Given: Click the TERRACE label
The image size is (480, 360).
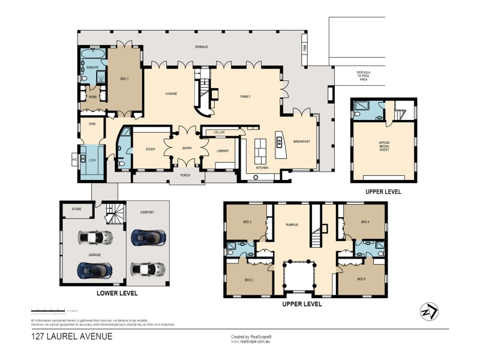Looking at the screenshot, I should pyautogui.click(x=200, y=47).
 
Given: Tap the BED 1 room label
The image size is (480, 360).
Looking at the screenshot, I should pyautogui.click(x=124, y=79).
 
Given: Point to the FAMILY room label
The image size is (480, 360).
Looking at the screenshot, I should pyautogui.click(x=245, y=96).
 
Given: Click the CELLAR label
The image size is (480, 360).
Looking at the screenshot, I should pyautogui.click(x=218, y=131).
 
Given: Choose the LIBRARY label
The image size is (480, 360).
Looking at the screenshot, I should pyautogui.click(x=222, y=151).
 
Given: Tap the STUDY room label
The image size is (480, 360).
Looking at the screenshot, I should pyautogui.click(x=151, y=149).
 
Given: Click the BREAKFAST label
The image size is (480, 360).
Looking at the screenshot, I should pyautogui.click(x=301, y=141).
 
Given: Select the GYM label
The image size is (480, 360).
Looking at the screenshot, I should pyautogui.click(x=92, y=124).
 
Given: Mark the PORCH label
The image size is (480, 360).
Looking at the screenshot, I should pyautogui.click(x=185, y=176).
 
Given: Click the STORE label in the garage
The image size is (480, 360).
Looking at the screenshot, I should pyautogui.click(x=76, y=209).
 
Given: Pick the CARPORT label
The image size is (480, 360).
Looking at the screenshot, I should pyautogui.click(x=148, y=212).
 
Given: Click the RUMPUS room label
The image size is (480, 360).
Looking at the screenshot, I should pyautogui.click(x=292, y=225).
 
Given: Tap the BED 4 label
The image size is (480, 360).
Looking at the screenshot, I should pyautogui.click(x=365, y=223).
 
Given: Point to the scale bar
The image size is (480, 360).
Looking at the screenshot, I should pyautogui.click(x=48, y=311).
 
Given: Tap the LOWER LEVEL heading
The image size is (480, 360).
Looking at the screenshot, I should pyautogui.click(x=118, y=293).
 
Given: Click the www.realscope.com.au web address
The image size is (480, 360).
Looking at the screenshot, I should pyautogui.click(x=251, y=343).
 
